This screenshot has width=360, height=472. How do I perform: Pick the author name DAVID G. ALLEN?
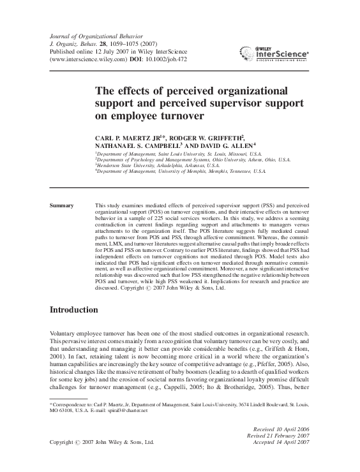(x=223, y=145)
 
